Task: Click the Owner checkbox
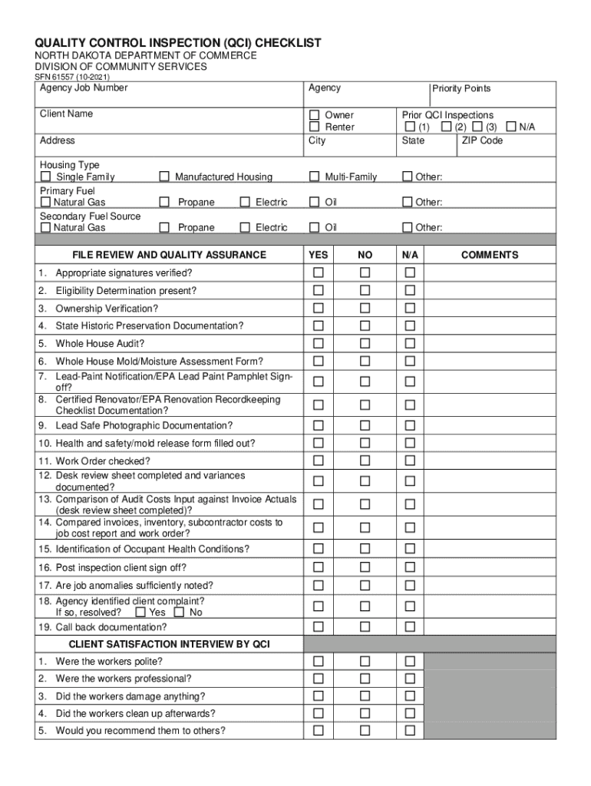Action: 314,115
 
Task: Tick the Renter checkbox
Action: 314,127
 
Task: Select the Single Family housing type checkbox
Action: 46,177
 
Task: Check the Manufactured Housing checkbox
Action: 163,177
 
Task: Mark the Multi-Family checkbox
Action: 314,177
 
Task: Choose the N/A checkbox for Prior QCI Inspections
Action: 511,127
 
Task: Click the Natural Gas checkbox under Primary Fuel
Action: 46,202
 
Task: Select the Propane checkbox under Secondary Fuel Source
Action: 163,227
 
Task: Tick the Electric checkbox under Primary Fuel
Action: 244,202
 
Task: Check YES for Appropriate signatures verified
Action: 318,272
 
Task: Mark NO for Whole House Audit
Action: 365,343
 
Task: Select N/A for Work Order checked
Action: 410,461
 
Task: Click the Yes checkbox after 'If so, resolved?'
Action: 140,613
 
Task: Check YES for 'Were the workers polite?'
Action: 318,661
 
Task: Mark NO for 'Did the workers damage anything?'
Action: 365,696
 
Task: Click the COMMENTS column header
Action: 489,255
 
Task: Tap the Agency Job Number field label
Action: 84,88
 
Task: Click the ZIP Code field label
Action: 482,140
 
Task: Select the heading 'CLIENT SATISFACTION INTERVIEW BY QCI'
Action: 169,643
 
